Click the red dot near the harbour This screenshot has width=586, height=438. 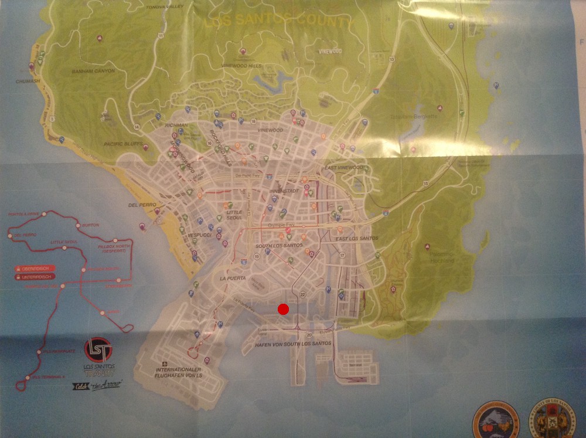click(283, 309)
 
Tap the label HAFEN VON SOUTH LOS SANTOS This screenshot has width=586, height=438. click(293, 344)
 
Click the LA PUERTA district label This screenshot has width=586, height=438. click(231, 278)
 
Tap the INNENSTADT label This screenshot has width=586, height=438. click(284, 191)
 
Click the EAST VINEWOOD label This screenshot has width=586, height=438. click(344, 168)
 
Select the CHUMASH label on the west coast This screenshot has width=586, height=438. click(28, 82)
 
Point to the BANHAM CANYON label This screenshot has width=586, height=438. click(93, 71)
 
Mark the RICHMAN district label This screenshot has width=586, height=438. click(176, 125)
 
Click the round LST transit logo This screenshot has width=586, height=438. click(97, 350)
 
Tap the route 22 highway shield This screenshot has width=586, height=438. click(302, 293)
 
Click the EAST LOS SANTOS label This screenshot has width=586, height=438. click(355, 239)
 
